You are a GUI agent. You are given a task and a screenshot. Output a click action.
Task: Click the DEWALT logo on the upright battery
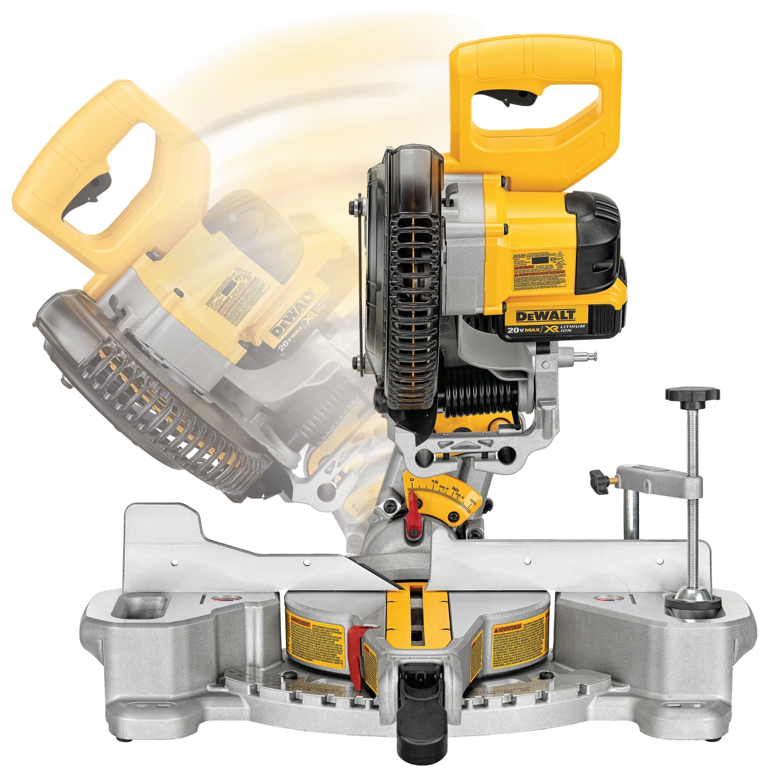(545, 316)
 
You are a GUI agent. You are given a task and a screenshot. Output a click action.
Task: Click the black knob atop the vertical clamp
(692, 394)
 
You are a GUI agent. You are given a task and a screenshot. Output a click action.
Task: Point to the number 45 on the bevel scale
(473, 503)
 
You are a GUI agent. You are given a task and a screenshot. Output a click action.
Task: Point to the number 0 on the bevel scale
(412, 480)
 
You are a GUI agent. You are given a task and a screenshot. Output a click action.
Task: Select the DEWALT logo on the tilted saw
(293, 313)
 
